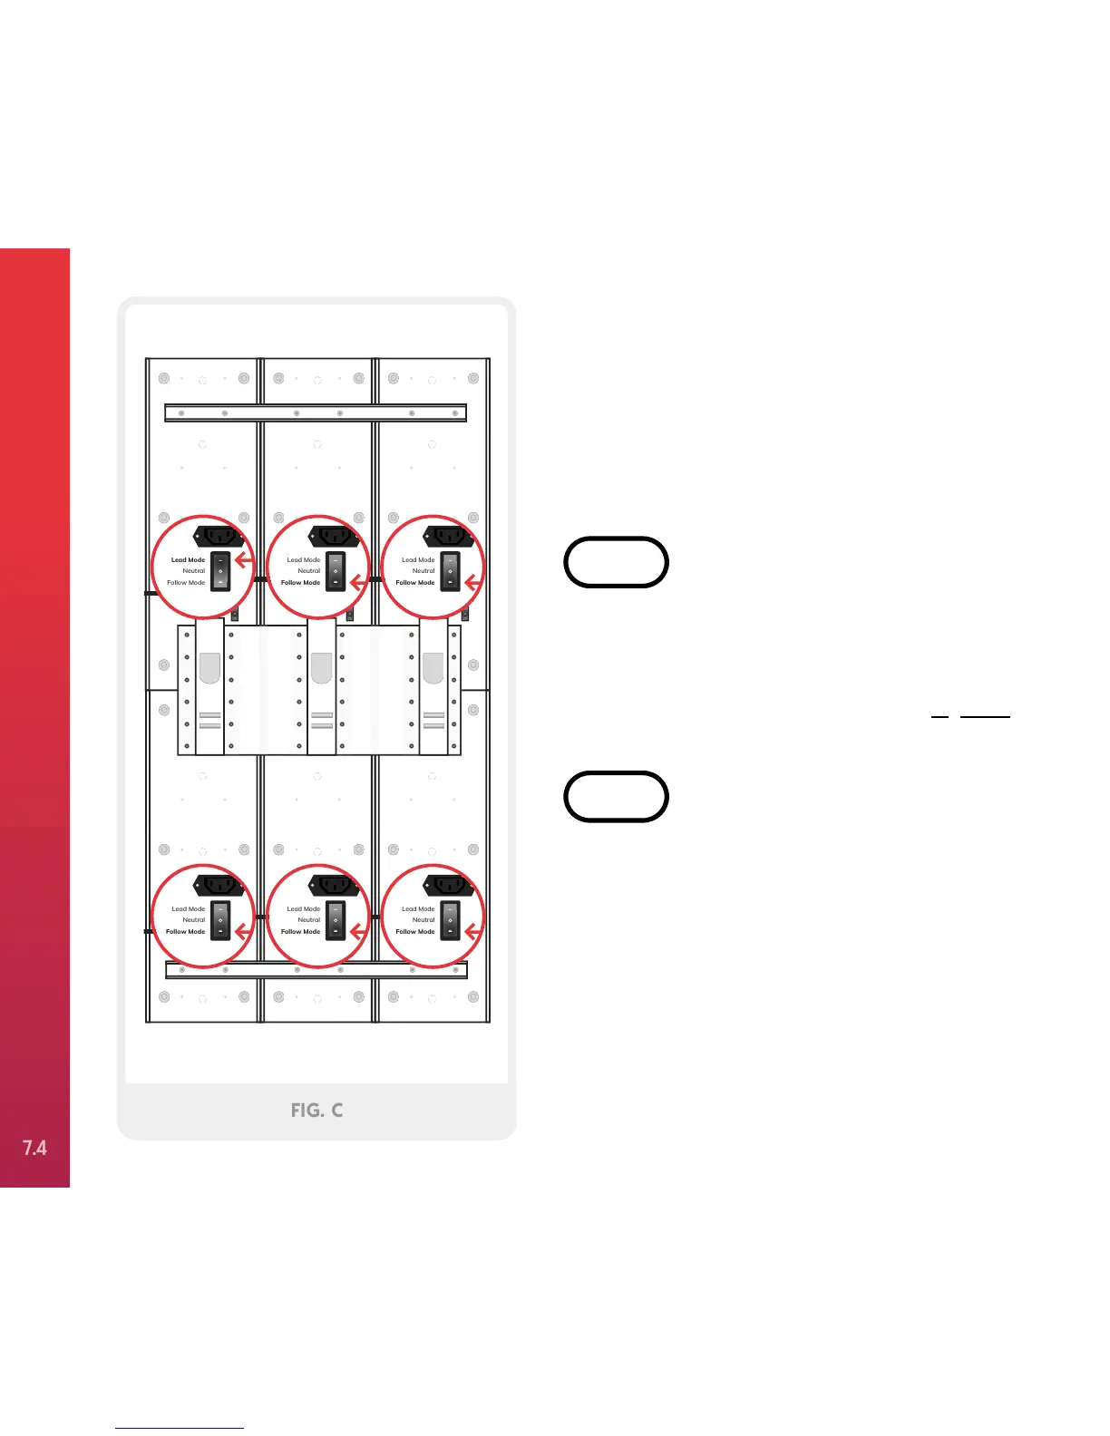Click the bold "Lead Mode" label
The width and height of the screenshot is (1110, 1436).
[x=188, y=560]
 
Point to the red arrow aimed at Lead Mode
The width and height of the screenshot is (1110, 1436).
[x=243, y=559]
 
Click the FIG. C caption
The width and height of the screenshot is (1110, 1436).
[x=316, y=1110]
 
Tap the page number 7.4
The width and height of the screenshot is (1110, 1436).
[x=34, y=1148]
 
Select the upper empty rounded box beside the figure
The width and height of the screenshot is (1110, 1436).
[x=616, y=562]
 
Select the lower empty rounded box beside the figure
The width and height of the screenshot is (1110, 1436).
[x=616, y=797]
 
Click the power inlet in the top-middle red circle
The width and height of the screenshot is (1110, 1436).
[x=334, y=537]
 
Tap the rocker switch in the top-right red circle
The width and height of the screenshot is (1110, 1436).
[x=450, y=571]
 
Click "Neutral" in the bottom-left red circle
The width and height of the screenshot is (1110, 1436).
[x=193, y=920]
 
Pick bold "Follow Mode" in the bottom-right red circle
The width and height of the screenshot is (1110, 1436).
[x=414, y=932]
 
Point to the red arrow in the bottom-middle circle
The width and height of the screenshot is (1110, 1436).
[x=358, y=931]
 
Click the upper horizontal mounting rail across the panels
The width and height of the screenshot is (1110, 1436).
[x=316, y=413]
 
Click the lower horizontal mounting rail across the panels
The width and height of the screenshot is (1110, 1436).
[x=316, y=970]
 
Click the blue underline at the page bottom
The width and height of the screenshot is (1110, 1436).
[x=180, y=1428]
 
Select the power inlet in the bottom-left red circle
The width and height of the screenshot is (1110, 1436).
[x=219, y=886]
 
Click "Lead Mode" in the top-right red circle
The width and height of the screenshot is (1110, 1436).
[x=418, y=560]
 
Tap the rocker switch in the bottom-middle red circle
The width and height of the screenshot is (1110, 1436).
[x=336, y=920]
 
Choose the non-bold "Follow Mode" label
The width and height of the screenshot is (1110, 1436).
[x=185, y=583]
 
